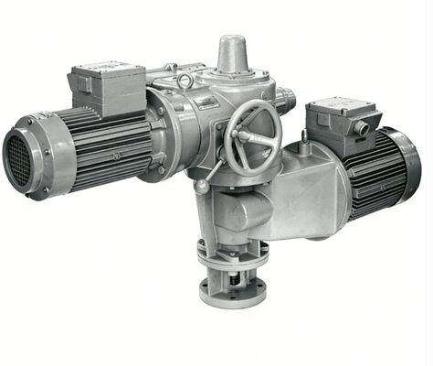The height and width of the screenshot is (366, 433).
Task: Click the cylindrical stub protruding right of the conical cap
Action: tap(284, 95)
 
